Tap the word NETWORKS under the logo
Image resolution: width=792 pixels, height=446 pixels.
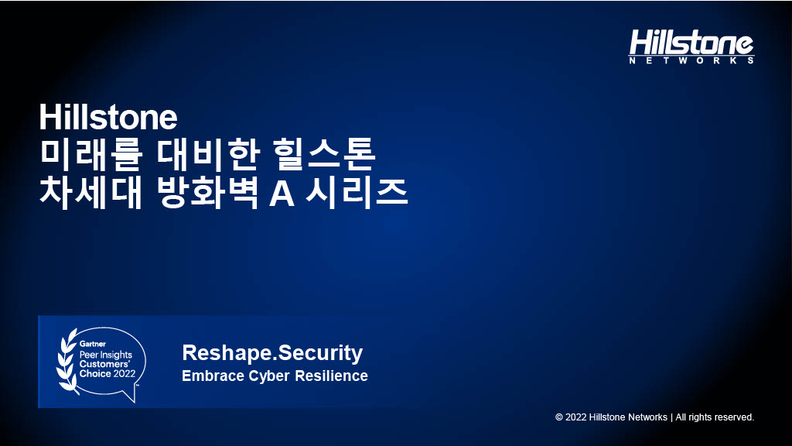point(691,60)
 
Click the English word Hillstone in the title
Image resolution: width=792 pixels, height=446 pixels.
point(108,118)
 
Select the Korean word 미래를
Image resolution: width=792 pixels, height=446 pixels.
point(91,154)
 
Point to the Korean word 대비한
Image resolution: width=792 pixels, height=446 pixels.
point(208,154)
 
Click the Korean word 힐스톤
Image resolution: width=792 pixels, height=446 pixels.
point(325,154)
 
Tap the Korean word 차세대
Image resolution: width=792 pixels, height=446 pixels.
point(91,192)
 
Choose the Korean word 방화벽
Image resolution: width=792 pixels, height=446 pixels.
point(207,192)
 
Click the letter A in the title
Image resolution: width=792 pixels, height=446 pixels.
point(282,193)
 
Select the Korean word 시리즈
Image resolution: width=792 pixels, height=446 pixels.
point(357,192)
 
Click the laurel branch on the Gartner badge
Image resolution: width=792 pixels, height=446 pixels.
point(67,361)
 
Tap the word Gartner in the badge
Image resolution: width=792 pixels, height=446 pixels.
point(93,344)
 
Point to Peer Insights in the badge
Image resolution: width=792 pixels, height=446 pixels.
point(105,355)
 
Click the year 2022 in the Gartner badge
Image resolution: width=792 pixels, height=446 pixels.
point(125,374)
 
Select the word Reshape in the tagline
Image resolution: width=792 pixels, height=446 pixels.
point(228,353)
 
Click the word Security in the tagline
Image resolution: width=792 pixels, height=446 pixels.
point(320,353)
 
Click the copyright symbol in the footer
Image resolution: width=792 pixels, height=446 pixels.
point(559,417)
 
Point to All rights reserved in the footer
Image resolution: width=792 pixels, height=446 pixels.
point(715,417)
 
